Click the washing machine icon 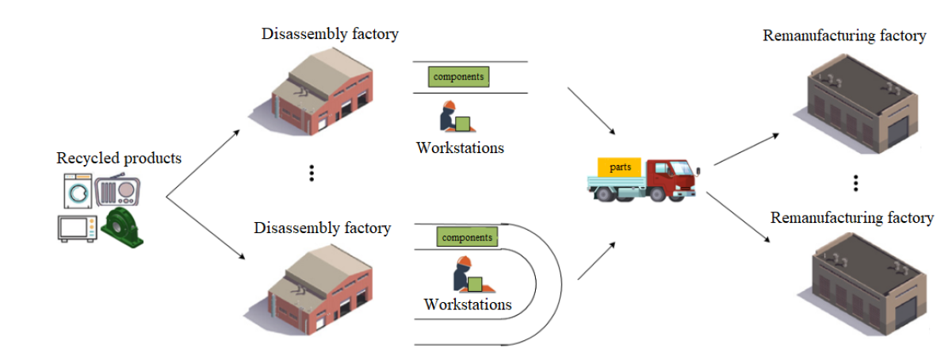pos(78,191)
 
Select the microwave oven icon pos(77,227)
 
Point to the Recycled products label pos(119,158)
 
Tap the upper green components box pos(459,76)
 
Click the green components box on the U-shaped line pos(467,236)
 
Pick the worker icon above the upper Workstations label pos(454,117)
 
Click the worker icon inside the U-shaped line pos(468,274)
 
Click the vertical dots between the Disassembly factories pos(312,173)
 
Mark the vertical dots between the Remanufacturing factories pos(856,183)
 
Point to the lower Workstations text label pos(468,304)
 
